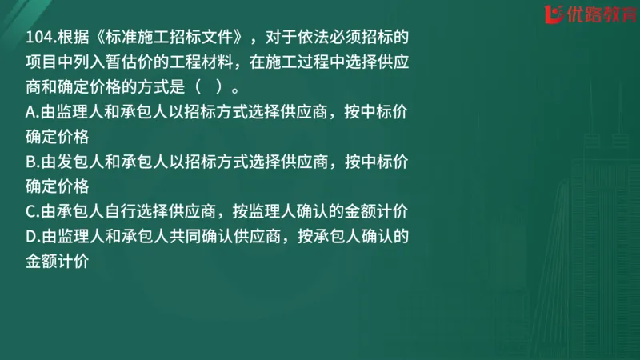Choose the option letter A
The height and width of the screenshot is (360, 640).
tap(30, 113)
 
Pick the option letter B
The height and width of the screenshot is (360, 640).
tap(30, 162)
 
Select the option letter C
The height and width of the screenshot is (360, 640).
tap(30, 212)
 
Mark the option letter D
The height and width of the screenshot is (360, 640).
tap(30, 236)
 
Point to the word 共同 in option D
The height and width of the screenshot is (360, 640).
tap(209, 236)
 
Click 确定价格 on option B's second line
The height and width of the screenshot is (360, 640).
tap(57, 186)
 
